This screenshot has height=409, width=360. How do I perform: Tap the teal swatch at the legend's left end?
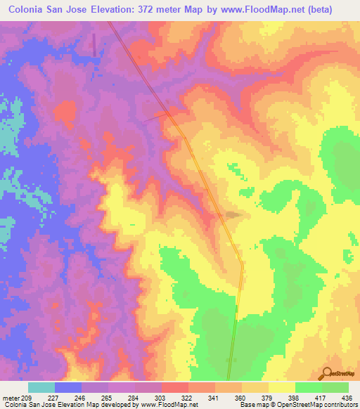pos(41,387)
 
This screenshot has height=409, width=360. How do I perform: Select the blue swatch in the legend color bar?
pos(68,387)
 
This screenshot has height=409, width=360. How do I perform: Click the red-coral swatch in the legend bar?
pos(175,387)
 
